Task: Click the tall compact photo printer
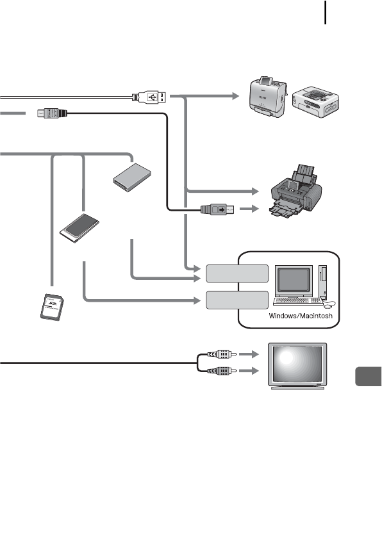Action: pos(267,97)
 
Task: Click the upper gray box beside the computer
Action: pos(237,273)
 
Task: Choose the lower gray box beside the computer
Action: pos(237,300)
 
